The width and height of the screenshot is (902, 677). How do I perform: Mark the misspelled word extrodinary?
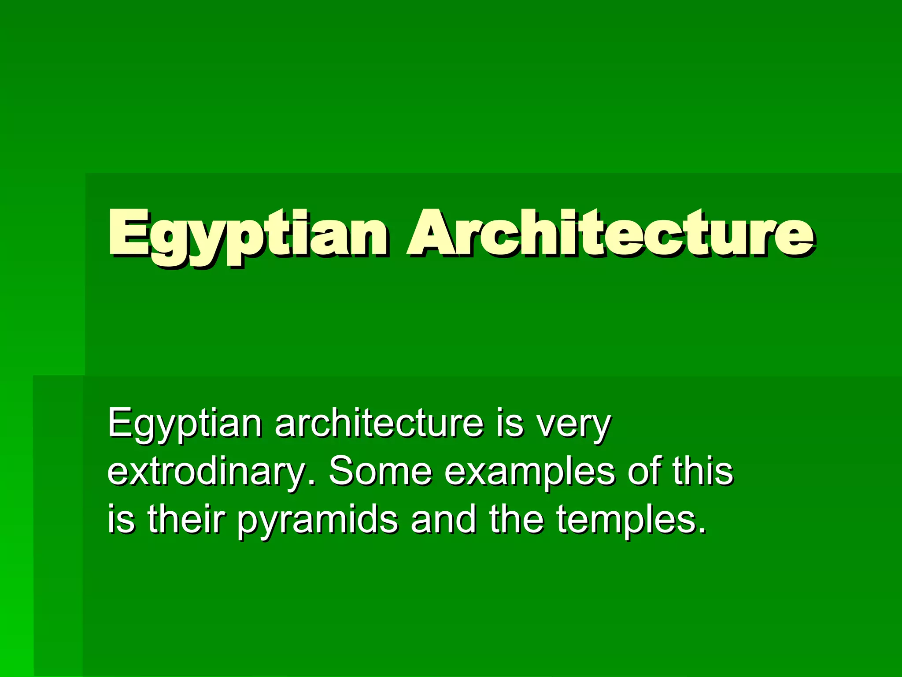207,472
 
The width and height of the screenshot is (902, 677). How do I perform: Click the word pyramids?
318,522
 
